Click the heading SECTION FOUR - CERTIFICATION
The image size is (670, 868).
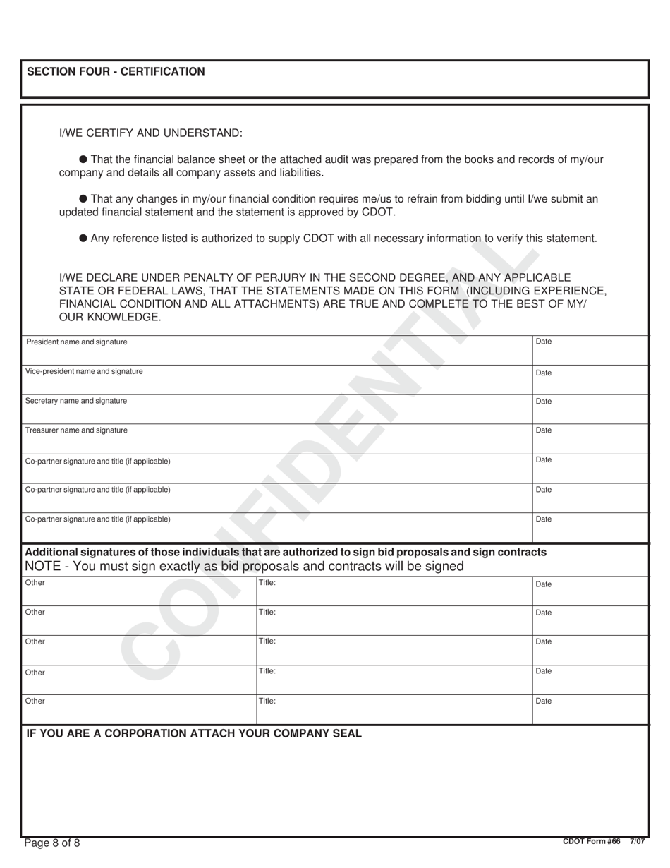(116, 71)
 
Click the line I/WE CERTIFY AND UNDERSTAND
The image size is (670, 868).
(151, 133)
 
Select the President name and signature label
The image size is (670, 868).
(77, 342)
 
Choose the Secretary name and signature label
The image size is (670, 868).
(76, 401)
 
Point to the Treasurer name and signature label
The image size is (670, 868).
(76, 430)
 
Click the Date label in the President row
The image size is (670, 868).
(544, 342)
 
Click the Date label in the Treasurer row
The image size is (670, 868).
(544, 430)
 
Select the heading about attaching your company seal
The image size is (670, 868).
(194, 733)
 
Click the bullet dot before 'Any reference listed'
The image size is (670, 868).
(83, 239)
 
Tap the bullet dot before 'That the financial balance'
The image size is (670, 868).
(83, 159)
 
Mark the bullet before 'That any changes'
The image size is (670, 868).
(83, 199)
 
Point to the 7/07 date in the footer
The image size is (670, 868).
(638, 841)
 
